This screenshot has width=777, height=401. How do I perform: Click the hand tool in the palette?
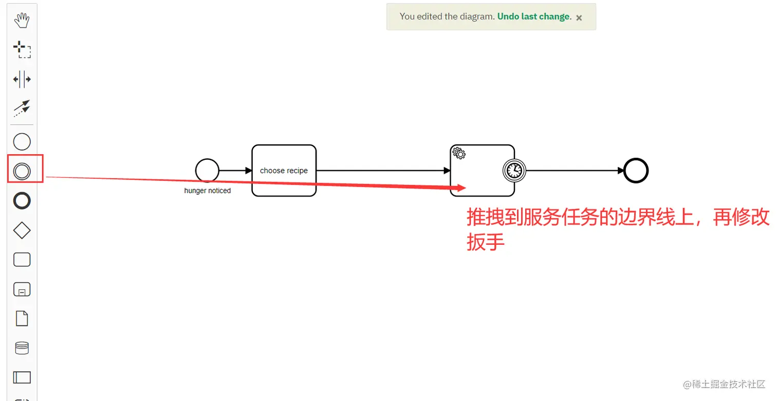pos(22,21)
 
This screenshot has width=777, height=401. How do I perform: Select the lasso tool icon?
pos(22,50)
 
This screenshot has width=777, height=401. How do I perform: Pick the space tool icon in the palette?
pos(22,79)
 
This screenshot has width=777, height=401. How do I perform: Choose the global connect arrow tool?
pos(22,108)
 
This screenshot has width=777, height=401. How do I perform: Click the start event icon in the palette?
pos(22,142)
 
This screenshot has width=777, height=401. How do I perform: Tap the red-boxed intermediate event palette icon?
pos(22,171)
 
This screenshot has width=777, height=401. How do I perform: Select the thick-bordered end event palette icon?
pos(22,201)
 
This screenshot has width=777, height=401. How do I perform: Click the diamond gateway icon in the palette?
pos(22,231)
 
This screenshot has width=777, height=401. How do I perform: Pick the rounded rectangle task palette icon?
pos(22,260)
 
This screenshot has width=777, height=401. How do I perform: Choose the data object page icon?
pos(22,319)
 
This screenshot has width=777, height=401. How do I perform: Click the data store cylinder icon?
pos(22,348)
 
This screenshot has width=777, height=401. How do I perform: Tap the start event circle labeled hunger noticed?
pos(207,170)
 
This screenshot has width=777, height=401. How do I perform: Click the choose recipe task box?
pos(284,170)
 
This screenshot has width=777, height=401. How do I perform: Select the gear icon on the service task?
pos(459,153)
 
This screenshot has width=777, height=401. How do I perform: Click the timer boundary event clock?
pos(514,171)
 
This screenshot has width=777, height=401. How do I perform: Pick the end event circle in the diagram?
pos(636,171)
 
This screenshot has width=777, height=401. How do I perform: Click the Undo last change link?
pos(533,16)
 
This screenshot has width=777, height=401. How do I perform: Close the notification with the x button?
pos(579,17)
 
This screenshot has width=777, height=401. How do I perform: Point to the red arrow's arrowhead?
pos(460,188)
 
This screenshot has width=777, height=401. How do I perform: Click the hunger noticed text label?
pos(208,191)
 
